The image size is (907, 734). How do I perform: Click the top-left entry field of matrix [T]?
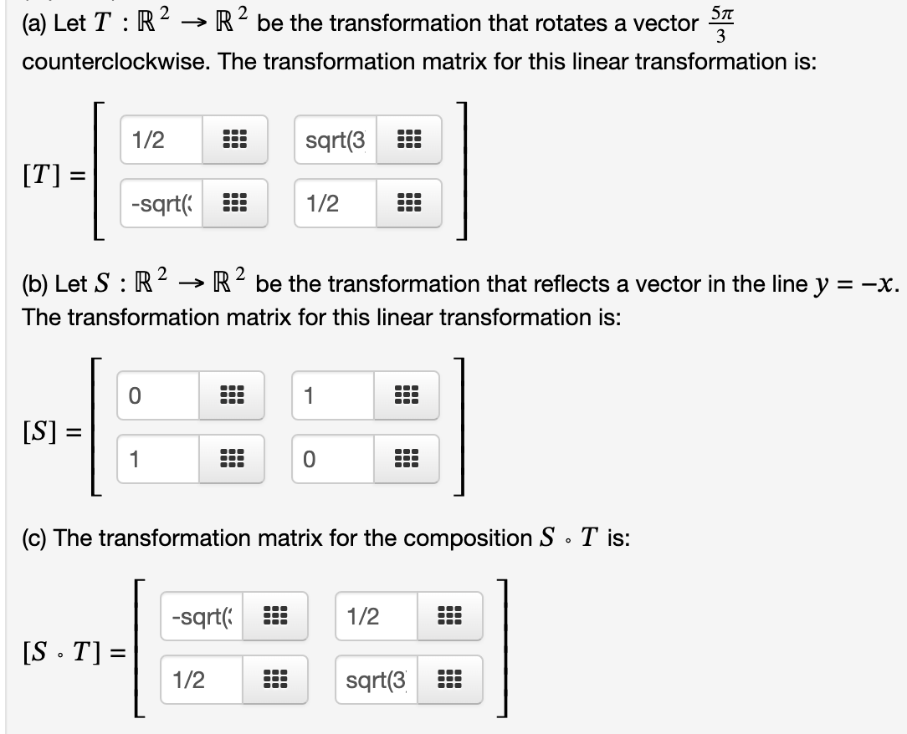161,140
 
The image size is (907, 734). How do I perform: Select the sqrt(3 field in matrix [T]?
336,140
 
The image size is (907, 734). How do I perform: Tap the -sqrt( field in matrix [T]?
161,203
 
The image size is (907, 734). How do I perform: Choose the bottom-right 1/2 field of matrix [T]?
336,203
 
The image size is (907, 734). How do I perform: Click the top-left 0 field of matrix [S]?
157,395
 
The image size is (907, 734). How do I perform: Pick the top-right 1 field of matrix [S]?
332,395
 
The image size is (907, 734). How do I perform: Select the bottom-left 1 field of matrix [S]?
157,459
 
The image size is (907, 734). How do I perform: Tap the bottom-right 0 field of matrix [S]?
332,459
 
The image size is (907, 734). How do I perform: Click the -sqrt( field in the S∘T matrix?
202,616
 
